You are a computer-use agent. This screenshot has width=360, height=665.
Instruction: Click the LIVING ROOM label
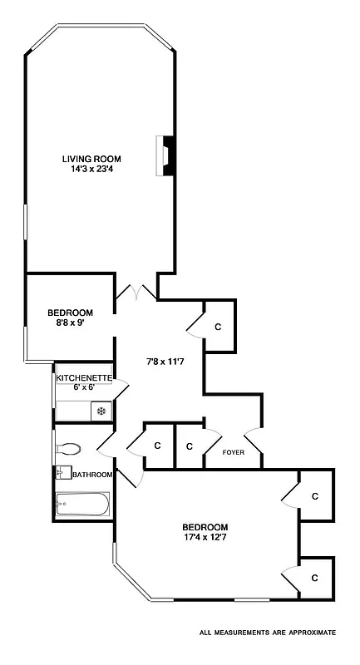(92, 159)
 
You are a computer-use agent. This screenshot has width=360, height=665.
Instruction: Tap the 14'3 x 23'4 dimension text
(92, 170)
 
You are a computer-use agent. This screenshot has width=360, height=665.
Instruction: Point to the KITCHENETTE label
(83, 378)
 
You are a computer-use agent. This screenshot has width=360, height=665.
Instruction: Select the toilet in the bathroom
(68, 450)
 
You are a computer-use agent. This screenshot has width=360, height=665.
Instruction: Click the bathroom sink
(62, 473)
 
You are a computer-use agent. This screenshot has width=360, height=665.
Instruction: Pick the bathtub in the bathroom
(81, 505)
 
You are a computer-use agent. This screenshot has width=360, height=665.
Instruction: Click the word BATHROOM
(92, 475)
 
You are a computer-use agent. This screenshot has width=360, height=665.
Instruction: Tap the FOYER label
(233, 453)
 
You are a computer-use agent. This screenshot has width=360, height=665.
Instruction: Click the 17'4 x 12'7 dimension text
(205, 538)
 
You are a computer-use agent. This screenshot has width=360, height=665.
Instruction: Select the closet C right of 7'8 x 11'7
(218, 327)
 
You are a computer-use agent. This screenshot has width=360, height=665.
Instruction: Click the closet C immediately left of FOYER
(190, 446)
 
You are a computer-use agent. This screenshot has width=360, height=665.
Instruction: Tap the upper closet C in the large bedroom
(314, 496)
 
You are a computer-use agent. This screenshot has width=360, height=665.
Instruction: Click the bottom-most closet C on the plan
(314, 577)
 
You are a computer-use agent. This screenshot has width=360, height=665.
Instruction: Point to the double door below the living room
(136, 293)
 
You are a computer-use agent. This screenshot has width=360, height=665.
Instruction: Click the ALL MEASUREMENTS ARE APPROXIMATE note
(268, 633)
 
